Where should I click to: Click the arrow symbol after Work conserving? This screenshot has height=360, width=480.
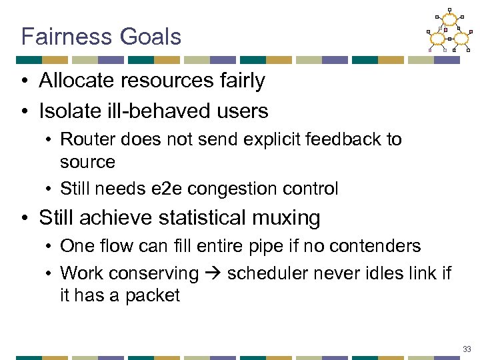(x=213, y=273)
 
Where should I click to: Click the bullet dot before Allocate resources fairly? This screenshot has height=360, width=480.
(x=25, y=82)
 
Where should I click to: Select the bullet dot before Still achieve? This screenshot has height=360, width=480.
(x=25, y=218)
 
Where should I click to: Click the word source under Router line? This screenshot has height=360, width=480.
(x=87, y=162)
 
